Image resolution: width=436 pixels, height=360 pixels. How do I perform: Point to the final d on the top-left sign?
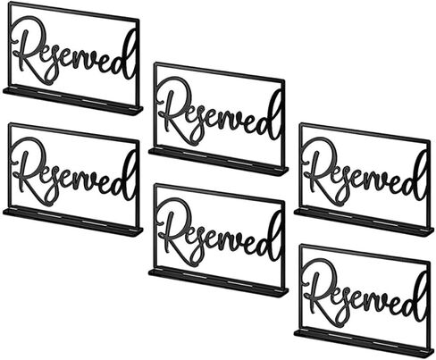(126, 61)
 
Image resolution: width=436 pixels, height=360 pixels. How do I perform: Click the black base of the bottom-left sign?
(73, 222)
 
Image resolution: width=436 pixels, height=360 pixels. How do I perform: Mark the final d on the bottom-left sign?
(126, 181)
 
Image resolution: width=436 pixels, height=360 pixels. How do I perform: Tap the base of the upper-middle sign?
(219, 161)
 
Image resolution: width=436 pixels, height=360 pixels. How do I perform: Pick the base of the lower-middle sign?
(219, 282)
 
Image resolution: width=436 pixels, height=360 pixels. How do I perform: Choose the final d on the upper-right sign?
(416, 181)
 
